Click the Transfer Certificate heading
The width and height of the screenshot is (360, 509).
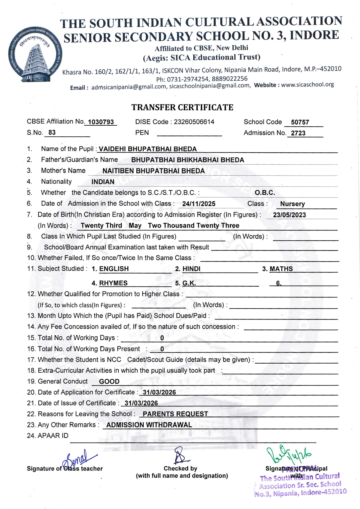coord(182,107)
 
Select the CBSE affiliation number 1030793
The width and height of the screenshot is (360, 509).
coord(101,122)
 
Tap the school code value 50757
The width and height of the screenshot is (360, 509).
coord(300,122)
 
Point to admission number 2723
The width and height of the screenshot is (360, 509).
coord(298,133)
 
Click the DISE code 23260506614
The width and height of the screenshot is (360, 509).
coord(194,122)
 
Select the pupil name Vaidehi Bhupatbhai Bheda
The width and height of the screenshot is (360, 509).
coord(148,149)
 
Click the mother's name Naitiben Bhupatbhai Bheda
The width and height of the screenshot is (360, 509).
coord(154,171)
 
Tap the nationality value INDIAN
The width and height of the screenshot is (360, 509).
coord(103,182)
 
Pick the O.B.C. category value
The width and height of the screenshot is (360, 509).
coord(265,193)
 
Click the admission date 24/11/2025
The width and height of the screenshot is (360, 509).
coord(199,204)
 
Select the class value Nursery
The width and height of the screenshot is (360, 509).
coord(292,204)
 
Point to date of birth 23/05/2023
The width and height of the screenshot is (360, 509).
coord(289,215)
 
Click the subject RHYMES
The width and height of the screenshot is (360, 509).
coord(113,283)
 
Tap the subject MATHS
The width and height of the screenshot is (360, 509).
coord(281,269)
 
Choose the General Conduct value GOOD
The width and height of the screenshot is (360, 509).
coord(109,382)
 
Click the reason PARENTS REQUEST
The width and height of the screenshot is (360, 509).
coord(175,414)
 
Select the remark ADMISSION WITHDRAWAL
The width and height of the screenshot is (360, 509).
coord(149,425)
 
